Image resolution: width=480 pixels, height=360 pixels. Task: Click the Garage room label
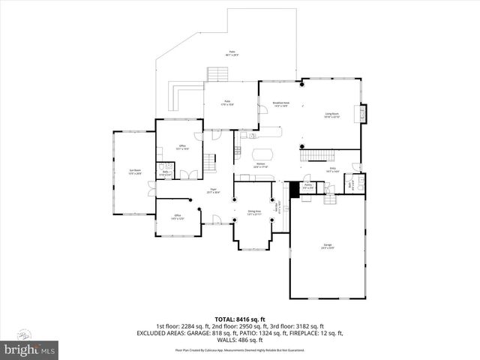click(328, 247)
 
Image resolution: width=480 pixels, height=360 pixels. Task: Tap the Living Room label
click(331, 115)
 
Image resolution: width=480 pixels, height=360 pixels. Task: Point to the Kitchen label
click(260, 164)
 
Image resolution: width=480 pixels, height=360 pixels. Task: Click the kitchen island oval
click(261, 154)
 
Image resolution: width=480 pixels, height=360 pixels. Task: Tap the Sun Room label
click(135, 172)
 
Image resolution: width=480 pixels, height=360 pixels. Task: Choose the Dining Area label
click(253, 213)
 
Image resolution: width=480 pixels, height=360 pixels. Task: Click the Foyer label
click(213, 190)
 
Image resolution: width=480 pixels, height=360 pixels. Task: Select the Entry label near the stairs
click(332, 170)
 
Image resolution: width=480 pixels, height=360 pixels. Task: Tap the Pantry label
click(307, 187)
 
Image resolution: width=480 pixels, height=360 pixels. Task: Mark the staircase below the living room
click(316, 154)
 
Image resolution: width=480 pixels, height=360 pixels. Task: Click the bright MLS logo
click(30, 350)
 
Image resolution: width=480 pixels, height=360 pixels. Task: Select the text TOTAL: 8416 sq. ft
click(239, 319)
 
